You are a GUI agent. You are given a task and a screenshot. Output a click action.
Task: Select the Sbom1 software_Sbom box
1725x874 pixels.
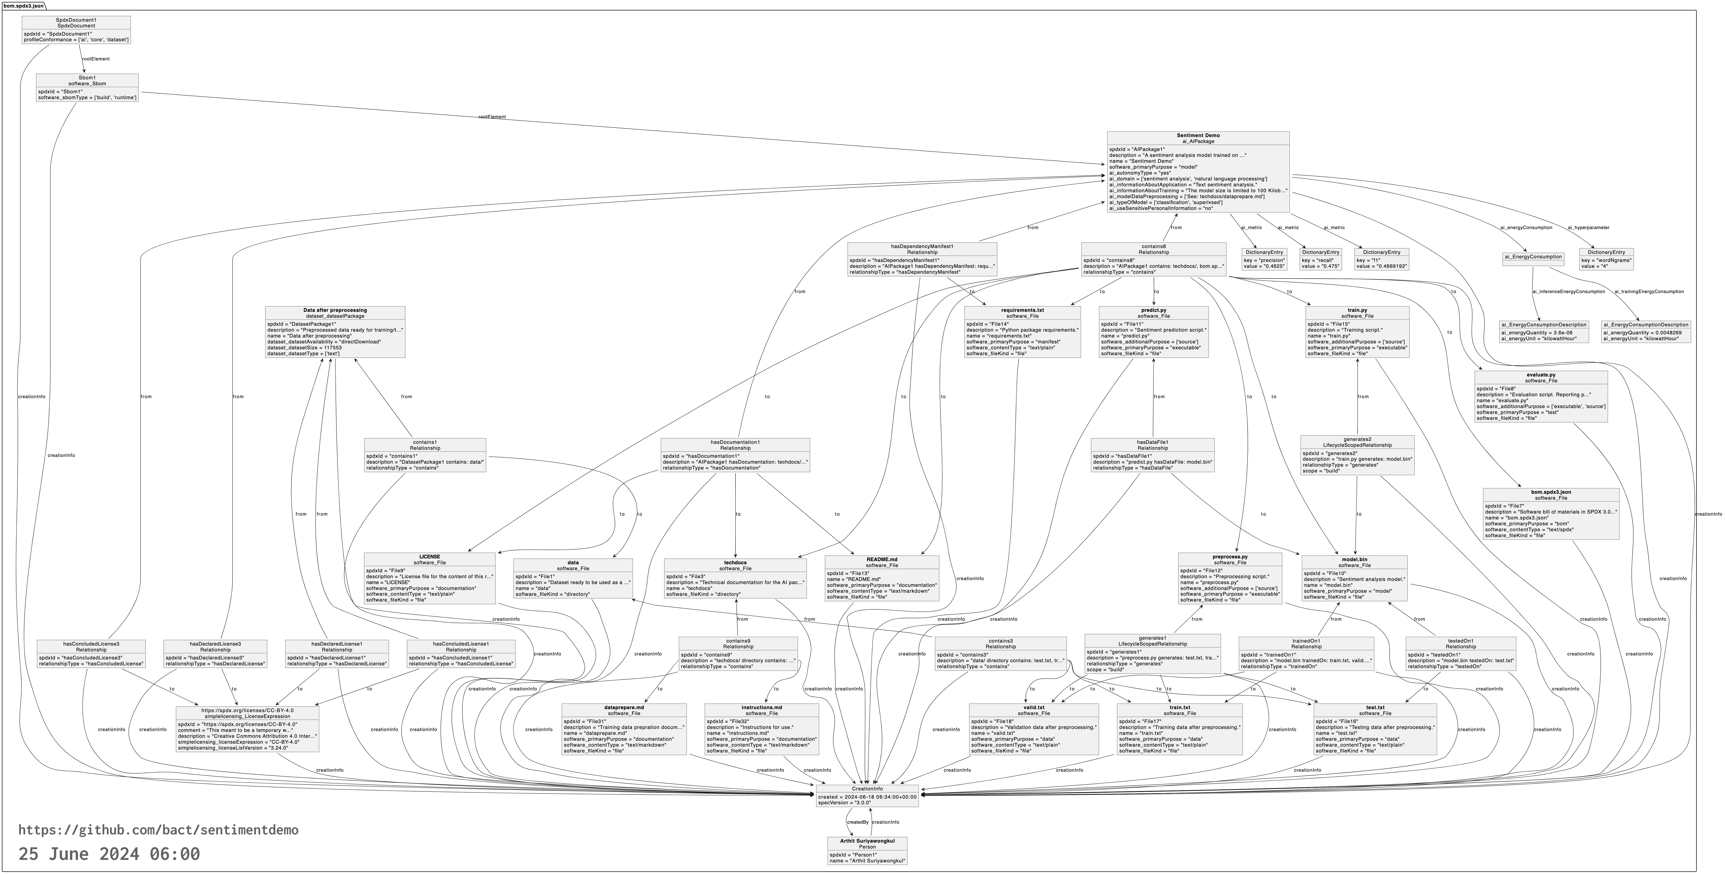tap(87, 88)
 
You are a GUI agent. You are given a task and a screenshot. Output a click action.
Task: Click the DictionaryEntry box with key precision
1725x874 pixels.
tap(1264, 259)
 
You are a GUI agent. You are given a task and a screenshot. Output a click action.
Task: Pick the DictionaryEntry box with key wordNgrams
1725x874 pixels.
tap(1606, 259)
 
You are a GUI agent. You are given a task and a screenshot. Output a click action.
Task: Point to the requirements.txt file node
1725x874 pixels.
tap(1022, 332)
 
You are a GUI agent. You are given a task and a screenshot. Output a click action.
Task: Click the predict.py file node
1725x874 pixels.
tap(1153, 332)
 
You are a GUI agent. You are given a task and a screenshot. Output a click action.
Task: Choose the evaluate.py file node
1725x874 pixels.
tap(1540, 396)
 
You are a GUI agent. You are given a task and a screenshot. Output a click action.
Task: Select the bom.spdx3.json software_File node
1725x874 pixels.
tap(1550, 514)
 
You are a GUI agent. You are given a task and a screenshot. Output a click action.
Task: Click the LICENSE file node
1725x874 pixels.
tap(429, 578)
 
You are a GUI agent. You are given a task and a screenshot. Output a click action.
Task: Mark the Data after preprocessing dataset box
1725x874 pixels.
tap(335, 332)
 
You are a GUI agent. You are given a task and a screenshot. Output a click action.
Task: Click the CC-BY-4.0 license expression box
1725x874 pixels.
tap(247, 729)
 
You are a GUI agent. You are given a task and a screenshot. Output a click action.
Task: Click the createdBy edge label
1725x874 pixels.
tap(857, 822)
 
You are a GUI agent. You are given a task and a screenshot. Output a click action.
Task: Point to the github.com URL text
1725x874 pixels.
tap(158, 830)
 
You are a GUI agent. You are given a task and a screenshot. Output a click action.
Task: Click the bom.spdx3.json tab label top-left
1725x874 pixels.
tap(23, 5)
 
